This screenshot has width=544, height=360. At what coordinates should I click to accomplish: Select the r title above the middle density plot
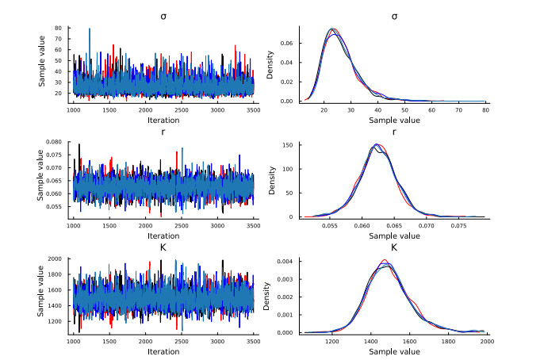[394, 132]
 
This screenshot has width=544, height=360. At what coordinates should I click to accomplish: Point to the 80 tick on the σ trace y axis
[59, 28]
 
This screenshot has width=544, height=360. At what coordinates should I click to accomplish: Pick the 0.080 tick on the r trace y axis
[54, 144]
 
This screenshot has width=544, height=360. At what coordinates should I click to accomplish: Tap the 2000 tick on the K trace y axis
[56, 259]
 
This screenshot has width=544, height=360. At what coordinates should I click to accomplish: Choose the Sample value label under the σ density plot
[394, 121]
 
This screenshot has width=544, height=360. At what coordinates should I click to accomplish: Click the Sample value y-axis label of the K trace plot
[40, 295]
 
